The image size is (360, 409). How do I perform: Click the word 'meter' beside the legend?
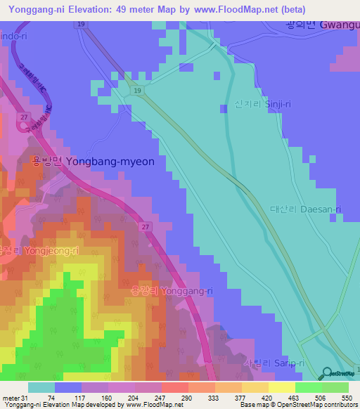11,398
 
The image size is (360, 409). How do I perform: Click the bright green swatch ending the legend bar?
335,387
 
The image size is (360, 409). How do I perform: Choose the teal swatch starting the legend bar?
41,387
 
